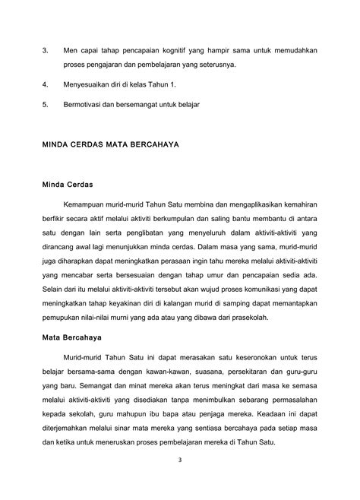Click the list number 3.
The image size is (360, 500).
pos(45,50)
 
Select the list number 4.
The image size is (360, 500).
pos(45,84)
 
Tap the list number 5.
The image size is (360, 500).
pos(45,102)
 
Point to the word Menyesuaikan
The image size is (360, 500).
pos(89,84)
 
